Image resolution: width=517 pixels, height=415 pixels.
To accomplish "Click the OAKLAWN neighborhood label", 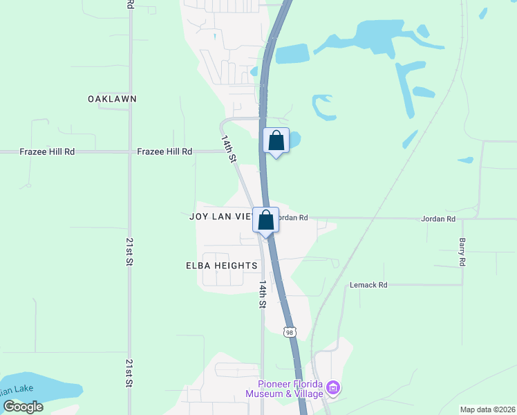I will (112, 99).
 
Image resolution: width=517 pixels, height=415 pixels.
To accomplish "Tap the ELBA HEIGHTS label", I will (222, 266).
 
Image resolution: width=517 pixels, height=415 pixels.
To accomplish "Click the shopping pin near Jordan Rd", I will (266, 220).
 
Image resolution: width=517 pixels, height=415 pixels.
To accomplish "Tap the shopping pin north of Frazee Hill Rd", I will (276, 140).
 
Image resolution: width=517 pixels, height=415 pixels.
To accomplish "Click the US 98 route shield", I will (289, 333).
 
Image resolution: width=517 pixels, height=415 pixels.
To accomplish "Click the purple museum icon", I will (334, 388).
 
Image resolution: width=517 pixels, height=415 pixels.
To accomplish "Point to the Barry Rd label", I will (462, 252).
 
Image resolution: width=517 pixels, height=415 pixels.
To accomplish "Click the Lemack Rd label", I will (368, 284).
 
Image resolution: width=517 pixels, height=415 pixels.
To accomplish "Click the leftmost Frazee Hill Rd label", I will (47, 151).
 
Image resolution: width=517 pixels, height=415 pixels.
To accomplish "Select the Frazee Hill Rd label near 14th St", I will (164, 151).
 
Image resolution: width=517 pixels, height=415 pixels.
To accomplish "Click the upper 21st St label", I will (129, 252).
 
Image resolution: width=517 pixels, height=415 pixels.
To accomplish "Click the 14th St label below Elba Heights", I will (263, 294).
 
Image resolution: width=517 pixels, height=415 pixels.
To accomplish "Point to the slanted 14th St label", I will (229, 149).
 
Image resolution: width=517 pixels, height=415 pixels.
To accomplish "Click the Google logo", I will (23, 407).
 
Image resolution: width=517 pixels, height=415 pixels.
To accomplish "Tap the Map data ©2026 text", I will (487, 409).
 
